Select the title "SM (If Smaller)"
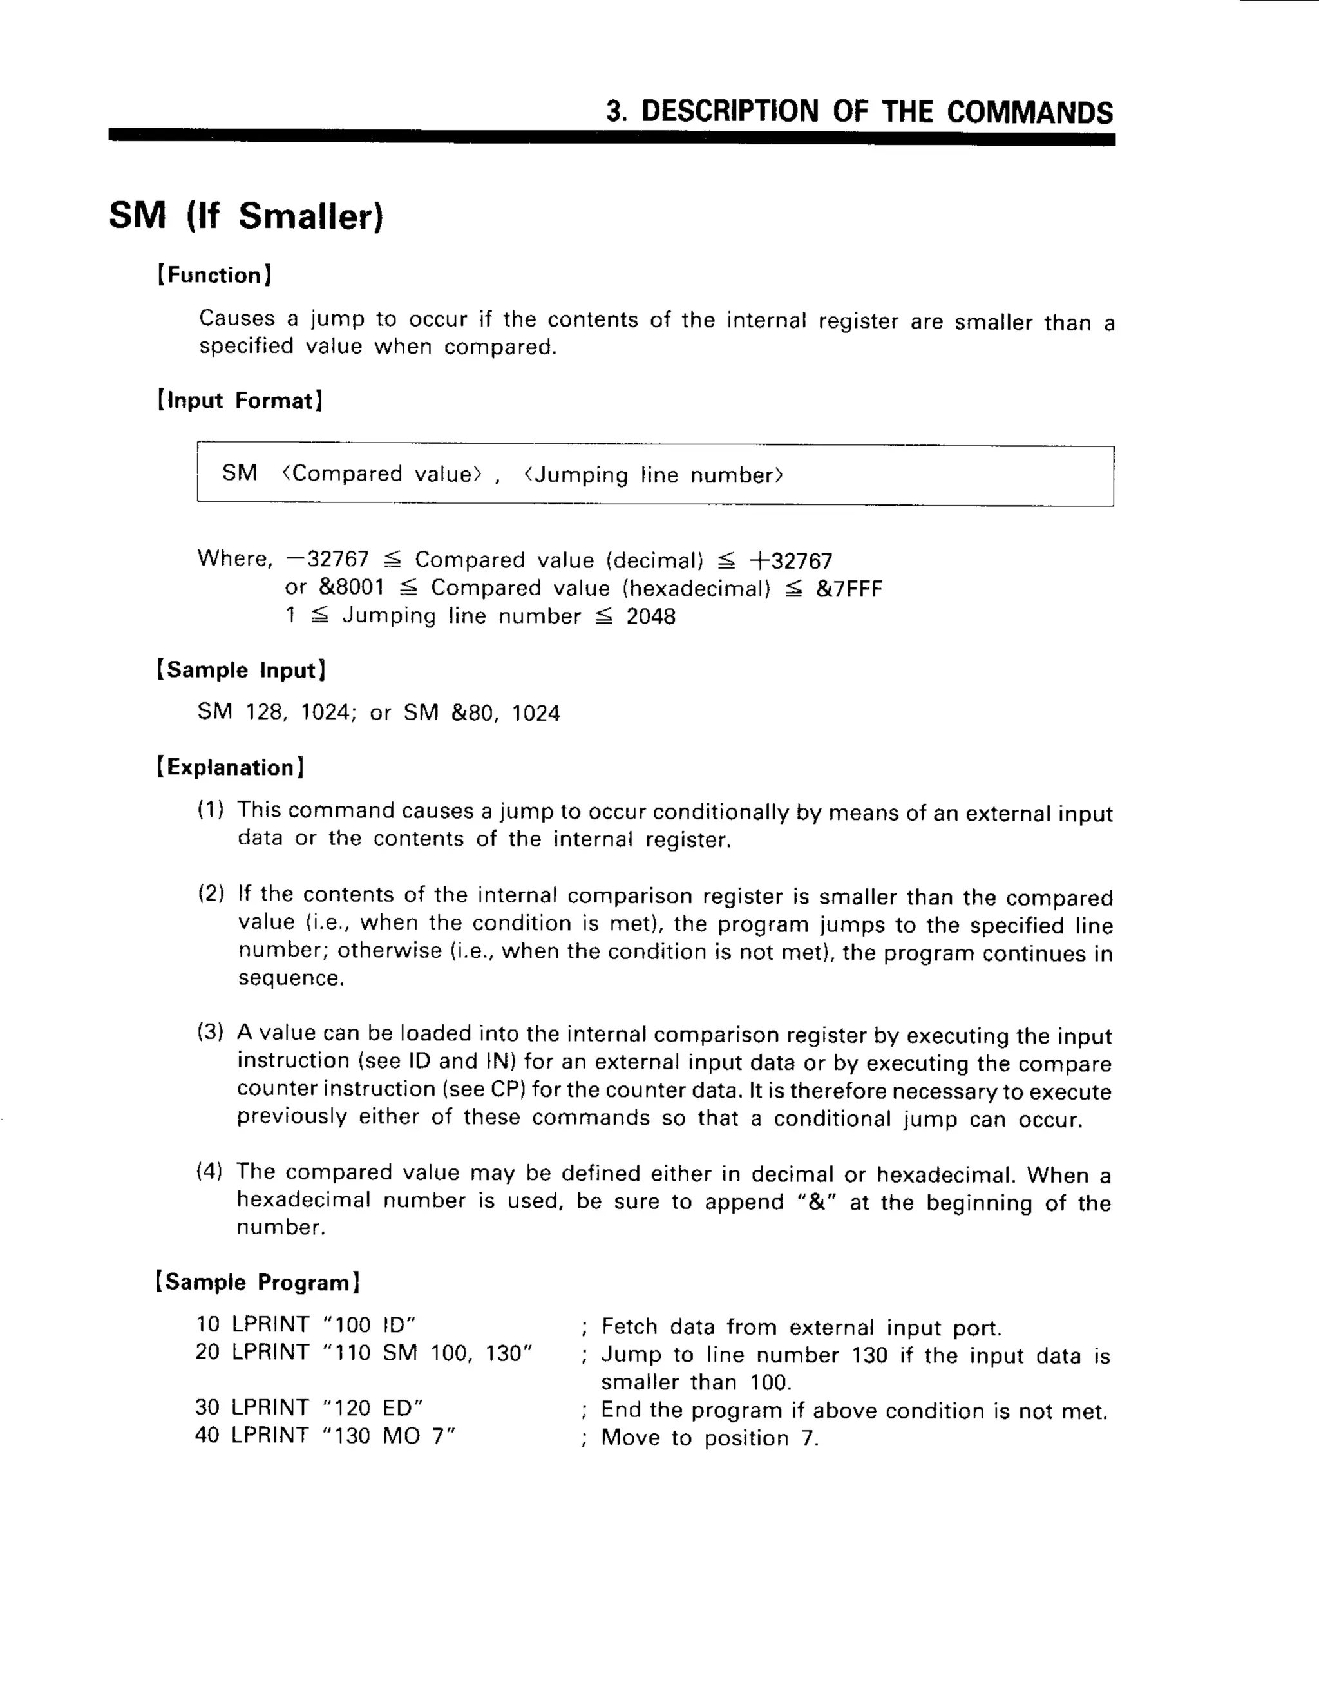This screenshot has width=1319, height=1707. [x=246, y=216]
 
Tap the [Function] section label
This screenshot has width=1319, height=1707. [x=214, y=275]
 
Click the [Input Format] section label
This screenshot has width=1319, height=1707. [x=240, y=401]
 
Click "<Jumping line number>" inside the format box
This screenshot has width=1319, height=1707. [x=653, y=475]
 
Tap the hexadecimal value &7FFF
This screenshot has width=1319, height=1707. [x=849, y=589]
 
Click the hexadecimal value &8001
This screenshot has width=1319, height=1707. [x=352, y=587]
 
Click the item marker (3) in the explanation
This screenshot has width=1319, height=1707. [x=210, y=1032]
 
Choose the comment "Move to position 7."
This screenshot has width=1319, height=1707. [x=710, y=1438]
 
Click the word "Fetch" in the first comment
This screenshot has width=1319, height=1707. [x=629, y=1327]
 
